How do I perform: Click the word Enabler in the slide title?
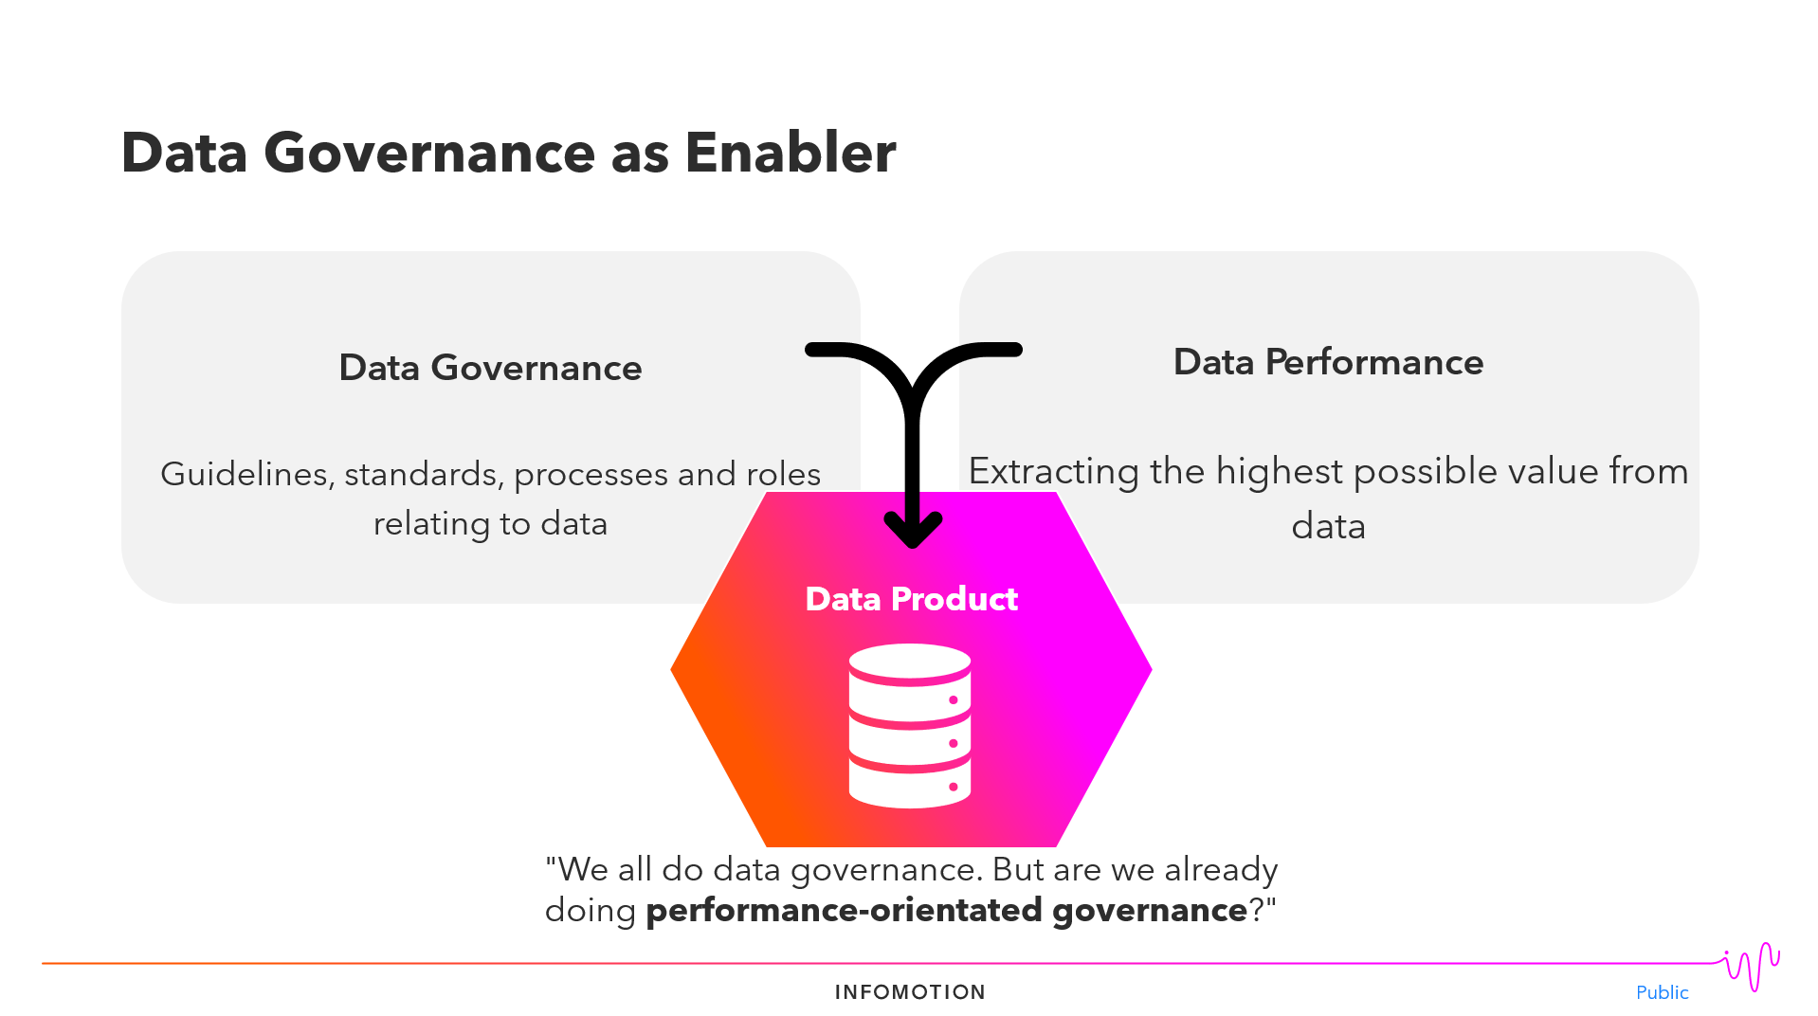790,153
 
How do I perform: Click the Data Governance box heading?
490,368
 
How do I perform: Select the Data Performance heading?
1328,362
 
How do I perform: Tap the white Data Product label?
911,599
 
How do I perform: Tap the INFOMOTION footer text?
910,992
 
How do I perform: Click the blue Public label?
1662,992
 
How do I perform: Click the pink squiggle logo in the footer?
1752,967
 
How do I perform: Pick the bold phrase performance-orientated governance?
946,911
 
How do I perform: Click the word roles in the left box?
783,474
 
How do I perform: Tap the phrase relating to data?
490,523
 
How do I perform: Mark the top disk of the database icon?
910,662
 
